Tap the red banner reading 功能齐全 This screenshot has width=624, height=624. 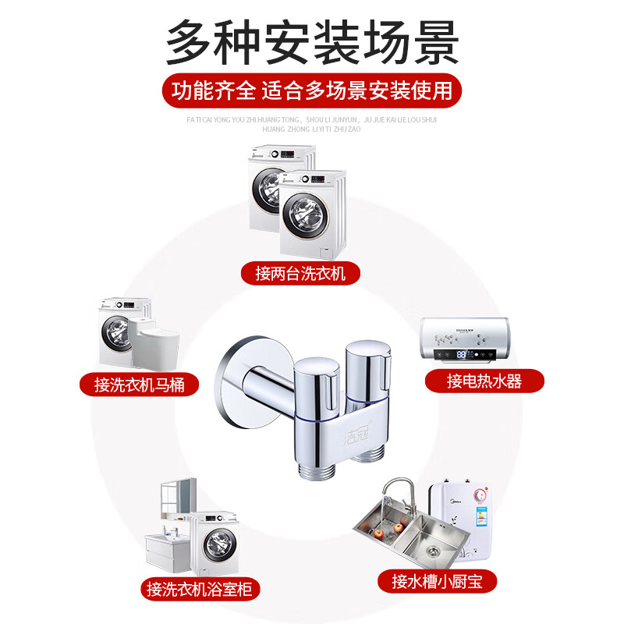(312, 90)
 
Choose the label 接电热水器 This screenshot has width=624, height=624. (484, 381)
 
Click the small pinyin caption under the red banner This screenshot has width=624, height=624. (312, 125)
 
